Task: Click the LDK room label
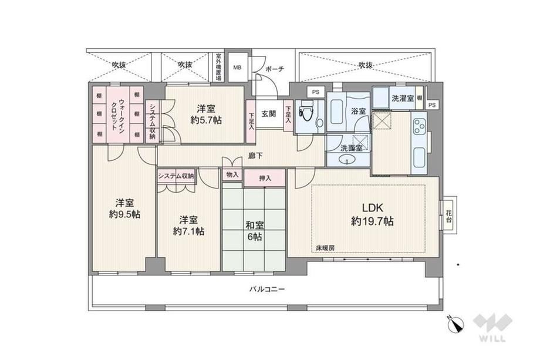[x=373, y=214]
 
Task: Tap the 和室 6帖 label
[x=255, y=231]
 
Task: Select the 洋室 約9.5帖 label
[x=124, y=208]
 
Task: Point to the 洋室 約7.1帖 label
[x=188, y=226]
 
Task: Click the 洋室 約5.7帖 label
[x=206, y=115]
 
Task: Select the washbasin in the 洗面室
[x=347, y=160]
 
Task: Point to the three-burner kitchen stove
[x=420, y=126]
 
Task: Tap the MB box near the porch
[x=238, y=68]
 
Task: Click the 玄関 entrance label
[x=269, y=114]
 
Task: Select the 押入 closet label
[x=265, y=178]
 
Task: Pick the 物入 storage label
[x=232, y=174]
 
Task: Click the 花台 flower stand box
[x=448, y=216]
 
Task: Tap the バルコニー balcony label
[x=267, y=290]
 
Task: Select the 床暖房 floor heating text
[x=325, y=248]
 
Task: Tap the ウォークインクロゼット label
[x=118, y=115]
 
